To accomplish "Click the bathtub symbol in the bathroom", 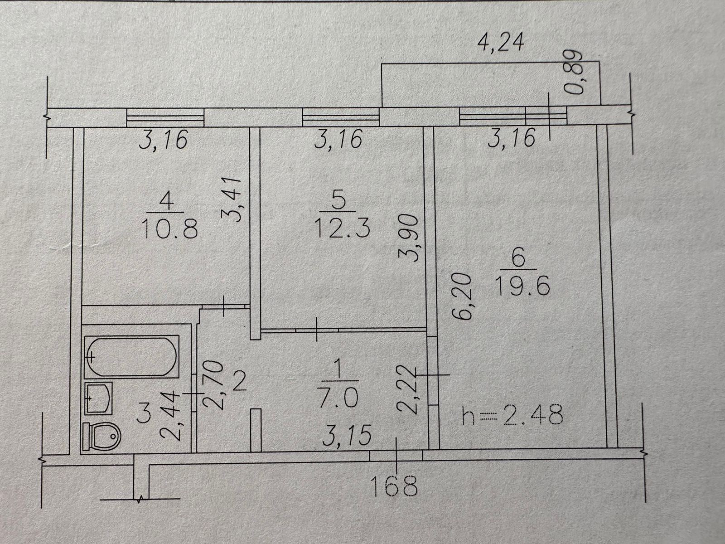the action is (x=131, y=356).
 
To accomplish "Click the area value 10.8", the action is (x=169, y=229).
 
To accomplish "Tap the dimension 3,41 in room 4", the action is (x=237, y=199).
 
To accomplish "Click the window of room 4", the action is (x=165, y=118).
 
